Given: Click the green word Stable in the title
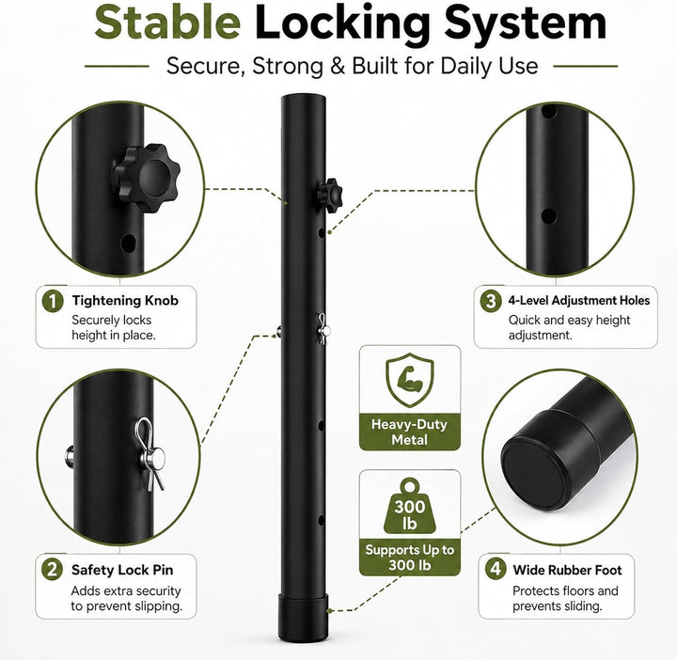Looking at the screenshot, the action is coord(167,22).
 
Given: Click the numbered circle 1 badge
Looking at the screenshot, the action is coord(53,301).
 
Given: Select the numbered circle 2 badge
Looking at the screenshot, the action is coord(52,570).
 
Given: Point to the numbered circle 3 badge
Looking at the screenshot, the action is coord(491,301).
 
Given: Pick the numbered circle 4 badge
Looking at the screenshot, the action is coord(496,569).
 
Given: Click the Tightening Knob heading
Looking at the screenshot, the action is coord(125,301).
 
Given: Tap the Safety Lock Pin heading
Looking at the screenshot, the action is coord(122,570).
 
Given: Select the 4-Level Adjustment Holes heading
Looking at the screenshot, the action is coord(579,301).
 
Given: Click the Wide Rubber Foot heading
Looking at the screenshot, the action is coord(567,570).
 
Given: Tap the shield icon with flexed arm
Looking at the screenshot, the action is coord(410,380).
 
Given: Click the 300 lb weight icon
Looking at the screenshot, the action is coord(410,506).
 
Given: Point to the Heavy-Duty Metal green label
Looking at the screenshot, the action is coord(410,432).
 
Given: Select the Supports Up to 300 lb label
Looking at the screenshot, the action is coord(410,558).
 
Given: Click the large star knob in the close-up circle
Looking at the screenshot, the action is coord(147,178).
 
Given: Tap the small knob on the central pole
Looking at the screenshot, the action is coord(331,196).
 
